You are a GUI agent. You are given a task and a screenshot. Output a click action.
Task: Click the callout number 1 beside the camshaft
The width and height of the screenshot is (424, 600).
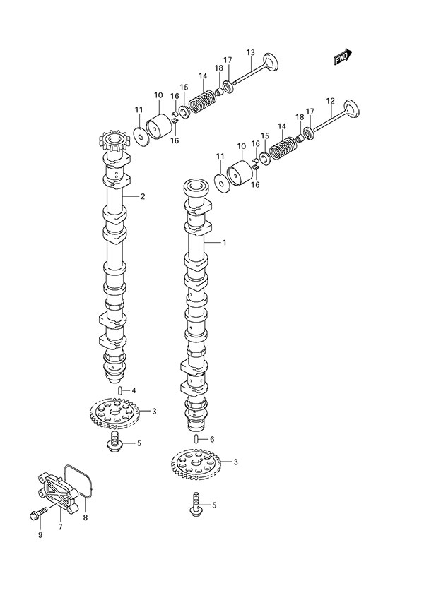pos(223,243)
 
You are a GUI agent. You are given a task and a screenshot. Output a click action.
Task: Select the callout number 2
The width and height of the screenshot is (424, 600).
pos(142,196)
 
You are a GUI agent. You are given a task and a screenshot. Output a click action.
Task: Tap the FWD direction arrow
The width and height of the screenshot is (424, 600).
pos(342,56)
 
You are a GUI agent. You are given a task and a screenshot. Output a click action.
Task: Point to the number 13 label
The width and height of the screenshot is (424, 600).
pos(250,53)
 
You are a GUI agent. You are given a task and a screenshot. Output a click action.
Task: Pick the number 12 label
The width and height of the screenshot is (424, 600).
pos(330,101)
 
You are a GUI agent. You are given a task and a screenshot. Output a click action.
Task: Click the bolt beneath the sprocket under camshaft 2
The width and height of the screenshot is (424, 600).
pos(114,443)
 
